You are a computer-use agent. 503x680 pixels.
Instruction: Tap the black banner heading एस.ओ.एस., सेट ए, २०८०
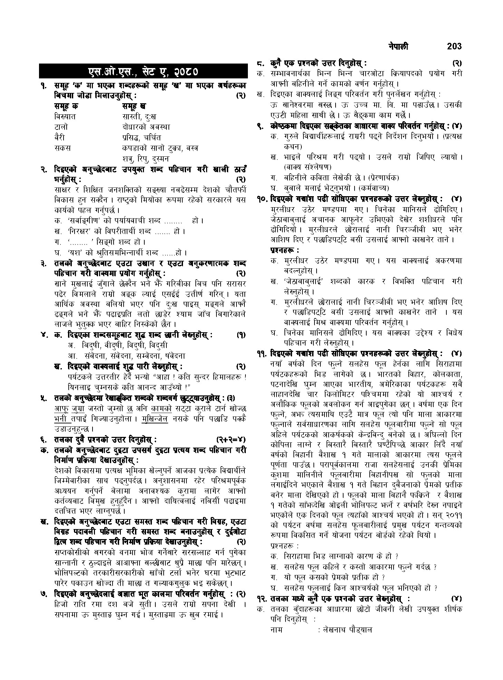(143, 72)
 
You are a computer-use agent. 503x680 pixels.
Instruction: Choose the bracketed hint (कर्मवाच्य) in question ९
(374, 188)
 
